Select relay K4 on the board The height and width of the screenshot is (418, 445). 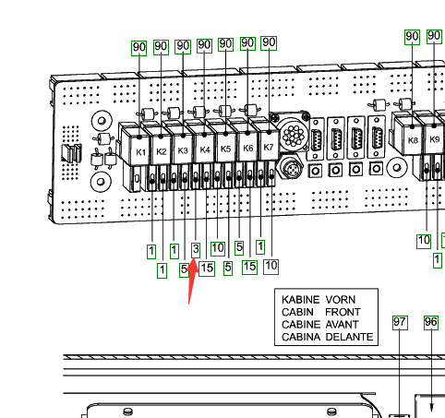click(203, 147)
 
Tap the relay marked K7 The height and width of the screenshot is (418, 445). click(268, 144)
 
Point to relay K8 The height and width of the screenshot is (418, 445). click(411, 137)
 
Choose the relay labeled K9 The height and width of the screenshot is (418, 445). click(434, 137)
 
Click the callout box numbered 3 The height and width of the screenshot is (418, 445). click(196, 250)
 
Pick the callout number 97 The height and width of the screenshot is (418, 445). click(400, 322)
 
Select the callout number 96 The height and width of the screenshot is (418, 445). click(431, 322)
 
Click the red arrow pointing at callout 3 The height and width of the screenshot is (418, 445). click(192, 281)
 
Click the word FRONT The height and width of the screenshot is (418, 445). click(343, 312)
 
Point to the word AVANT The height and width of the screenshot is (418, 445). click(343, 324)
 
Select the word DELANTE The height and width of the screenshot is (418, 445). click(349, 337)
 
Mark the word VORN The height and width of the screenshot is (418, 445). click(341, 300)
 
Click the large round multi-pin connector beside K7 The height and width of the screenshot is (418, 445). click(294, 136)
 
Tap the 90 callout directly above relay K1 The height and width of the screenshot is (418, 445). click(138, 48)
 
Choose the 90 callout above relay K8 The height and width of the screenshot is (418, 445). click(412, 37)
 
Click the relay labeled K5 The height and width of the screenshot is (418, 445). click(224, 146)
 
